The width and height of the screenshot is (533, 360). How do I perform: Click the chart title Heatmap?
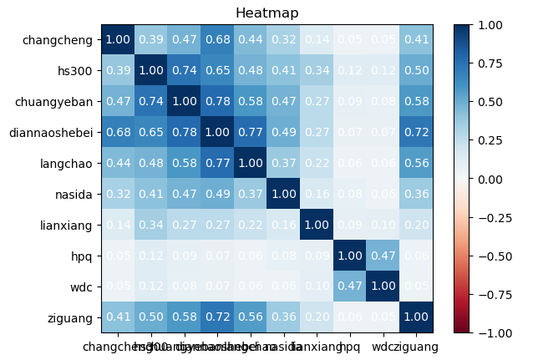click(x=266, y=13)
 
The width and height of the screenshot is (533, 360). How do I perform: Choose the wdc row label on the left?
click(x=81, y=286)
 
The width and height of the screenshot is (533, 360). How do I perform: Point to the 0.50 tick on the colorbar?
click(x=494, y=102)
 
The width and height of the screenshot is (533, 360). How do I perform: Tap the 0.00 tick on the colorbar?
click(x=494, y=179)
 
